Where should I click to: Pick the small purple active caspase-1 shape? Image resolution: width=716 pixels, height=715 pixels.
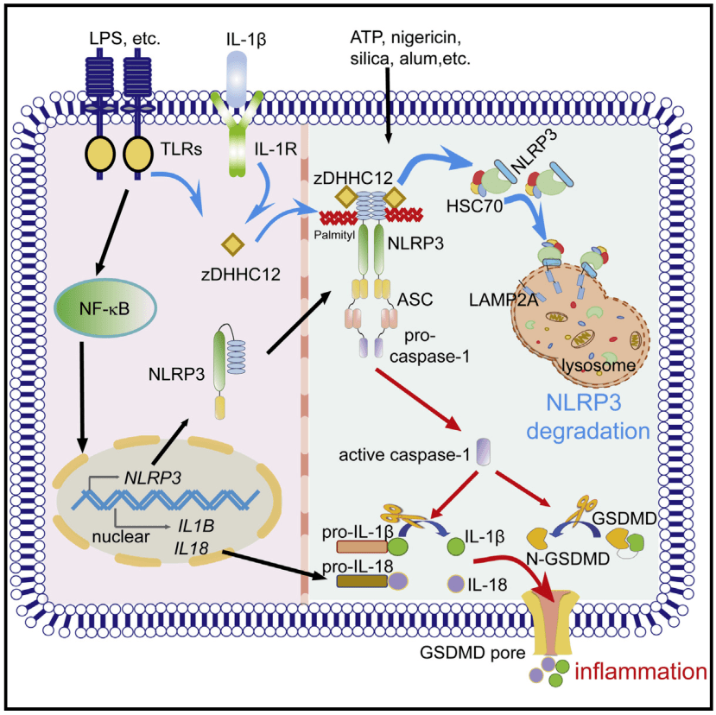coord(484,451)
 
